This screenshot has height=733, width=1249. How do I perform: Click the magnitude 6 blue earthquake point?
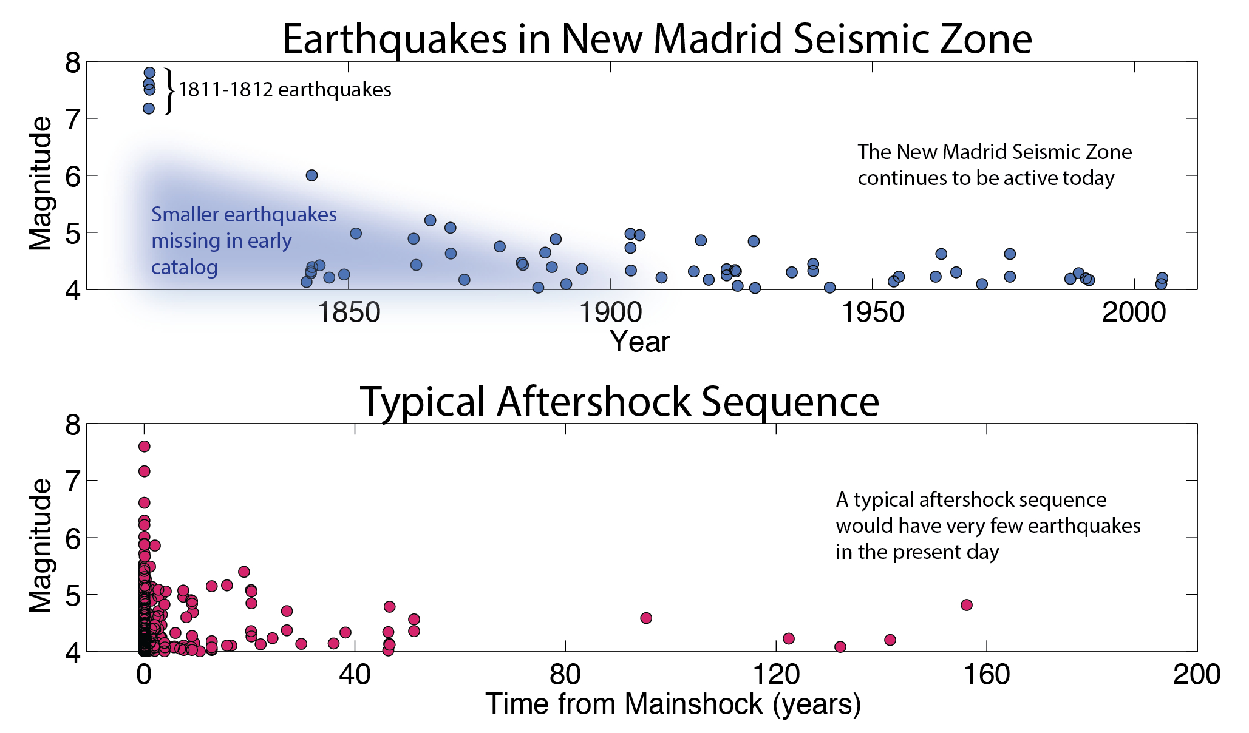click(x=311, y=175)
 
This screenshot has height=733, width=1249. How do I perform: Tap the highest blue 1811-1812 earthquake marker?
click(x=149, y=73)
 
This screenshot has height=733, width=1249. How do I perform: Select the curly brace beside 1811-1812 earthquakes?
click(x=169, y=91)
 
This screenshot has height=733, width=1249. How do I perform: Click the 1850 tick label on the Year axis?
click(x=349, y=312)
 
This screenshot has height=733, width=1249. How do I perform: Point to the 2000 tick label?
click(x=1134, y=312)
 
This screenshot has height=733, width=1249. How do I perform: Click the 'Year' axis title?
click(x=639, y=342)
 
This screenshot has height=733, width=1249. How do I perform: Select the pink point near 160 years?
click(x=967, y=605)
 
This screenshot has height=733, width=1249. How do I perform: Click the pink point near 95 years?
click(x=646, y=618)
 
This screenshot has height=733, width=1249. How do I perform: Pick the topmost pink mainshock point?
click(x=144, y=447)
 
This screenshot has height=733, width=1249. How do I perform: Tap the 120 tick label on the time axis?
click(x=775, y=675)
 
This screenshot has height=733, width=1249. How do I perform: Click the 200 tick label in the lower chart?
click(x=1196, y=675)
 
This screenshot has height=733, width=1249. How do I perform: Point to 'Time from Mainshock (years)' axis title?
click(x=673, y=704)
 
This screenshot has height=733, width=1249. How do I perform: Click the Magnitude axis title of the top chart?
click(x=41, y=183)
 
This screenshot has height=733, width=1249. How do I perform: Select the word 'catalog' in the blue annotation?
click(x=184, y=267)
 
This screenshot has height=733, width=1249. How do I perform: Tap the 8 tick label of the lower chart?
click(x=73, y=425)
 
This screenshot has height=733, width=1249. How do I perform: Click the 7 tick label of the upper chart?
click(x=73, y=120)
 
